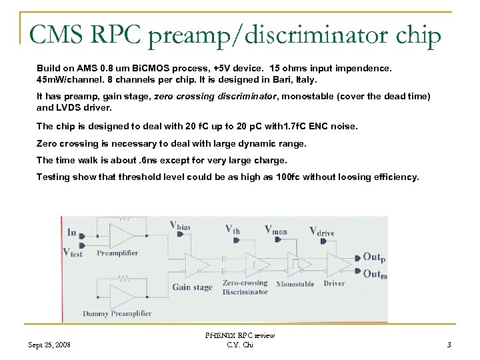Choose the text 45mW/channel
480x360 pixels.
69,80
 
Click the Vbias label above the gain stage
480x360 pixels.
180,226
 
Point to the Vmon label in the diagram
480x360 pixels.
276,229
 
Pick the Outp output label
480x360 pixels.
373,257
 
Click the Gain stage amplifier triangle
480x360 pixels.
193,266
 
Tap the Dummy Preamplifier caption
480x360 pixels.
117,313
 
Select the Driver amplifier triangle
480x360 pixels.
339,265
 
